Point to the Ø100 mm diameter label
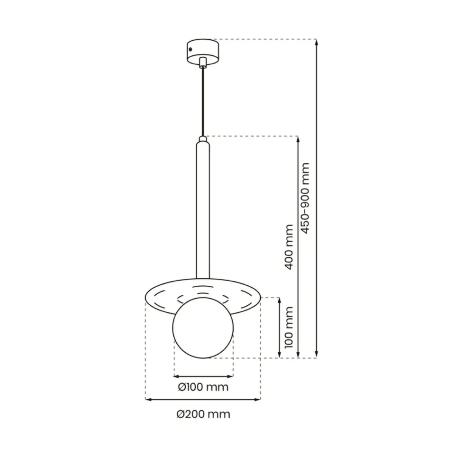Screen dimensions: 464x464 coord(203,387)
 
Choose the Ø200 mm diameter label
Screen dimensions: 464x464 coord(203,414)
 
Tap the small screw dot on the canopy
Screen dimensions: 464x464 coord(190,50)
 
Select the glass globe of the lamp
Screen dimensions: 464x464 coord(203,328)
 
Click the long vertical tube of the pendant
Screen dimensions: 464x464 coord(203,209)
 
